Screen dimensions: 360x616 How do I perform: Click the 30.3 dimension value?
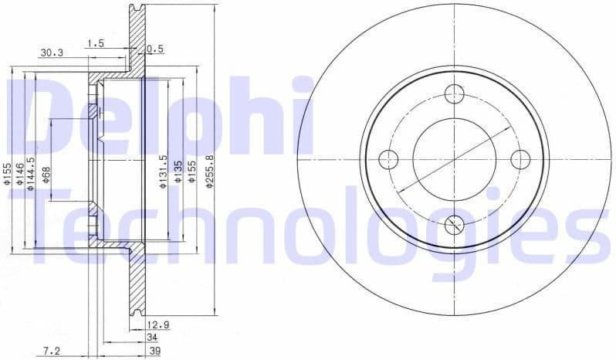(x=52, y=53)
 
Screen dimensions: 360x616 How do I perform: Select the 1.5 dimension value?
(x=96, y=43)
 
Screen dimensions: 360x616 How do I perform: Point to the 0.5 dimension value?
(x=155, y=49)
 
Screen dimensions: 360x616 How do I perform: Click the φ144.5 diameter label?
(x=32, y=172)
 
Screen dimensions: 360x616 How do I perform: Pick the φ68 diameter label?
(x=46, y=175)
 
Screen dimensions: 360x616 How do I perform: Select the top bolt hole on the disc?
(x=455, y=94)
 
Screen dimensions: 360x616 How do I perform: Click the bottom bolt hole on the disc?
(x=455, y=225)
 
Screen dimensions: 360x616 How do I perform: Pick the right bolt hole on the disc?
(x=520, y=160)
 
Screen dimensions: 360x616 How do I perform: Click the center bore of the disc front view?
(x=455, y=160)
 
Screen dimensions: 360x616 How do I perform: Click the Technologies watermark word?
(x=309, y=224)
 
